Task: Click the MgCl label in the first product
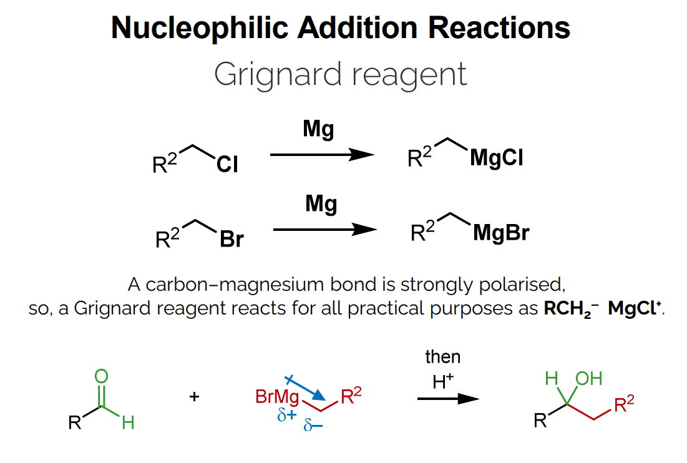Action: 497,158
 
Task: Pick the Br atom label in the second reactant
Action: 232,240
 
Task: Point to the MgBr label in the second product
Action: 501,233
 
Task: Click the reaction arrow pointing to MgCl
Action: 322,155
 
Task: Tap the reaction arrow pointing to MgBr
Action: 325,230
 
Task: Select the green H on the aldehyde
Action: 128,423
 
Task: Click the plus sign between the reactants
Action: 194,396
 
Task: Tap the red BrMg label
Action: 278,396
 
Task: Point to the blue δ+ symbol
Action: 286,414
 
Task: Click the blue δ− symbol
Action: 313,427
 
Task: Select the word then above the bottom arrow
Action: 442,357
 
